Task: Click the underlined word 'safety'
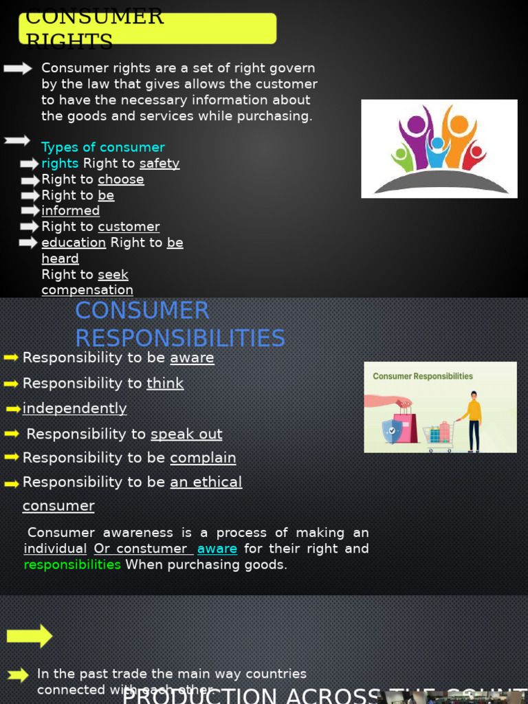point(159,164)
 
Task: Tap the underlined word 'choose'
point(121,179)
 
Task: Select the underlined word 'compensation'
point(87,290)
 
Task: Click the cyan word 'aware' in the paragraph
point(217,549)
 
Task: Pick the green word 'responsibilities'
point(72,564)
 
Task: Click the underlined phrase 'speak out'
point(186,434)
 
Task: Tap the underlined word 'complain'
point(203,458)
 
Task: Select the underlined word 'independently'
point(74,408)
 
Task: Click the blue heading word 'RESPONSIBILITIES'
point(180,338)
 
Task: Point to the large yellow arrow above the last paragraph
point(30,636)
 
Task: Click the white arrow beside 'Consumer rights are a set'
point(18,68)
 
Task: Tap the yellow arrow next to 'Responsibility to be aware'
point(11,357)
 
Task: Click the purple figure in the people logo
point(416,131)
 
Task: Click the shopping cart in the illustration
point(439,434)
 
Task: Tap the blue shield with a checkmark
point(392,431)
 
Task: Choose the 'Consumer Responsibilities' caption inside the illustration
point(423,376)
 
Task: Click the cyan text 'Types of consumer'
point(103,147)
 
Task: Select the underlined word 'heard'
point(60,258)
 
